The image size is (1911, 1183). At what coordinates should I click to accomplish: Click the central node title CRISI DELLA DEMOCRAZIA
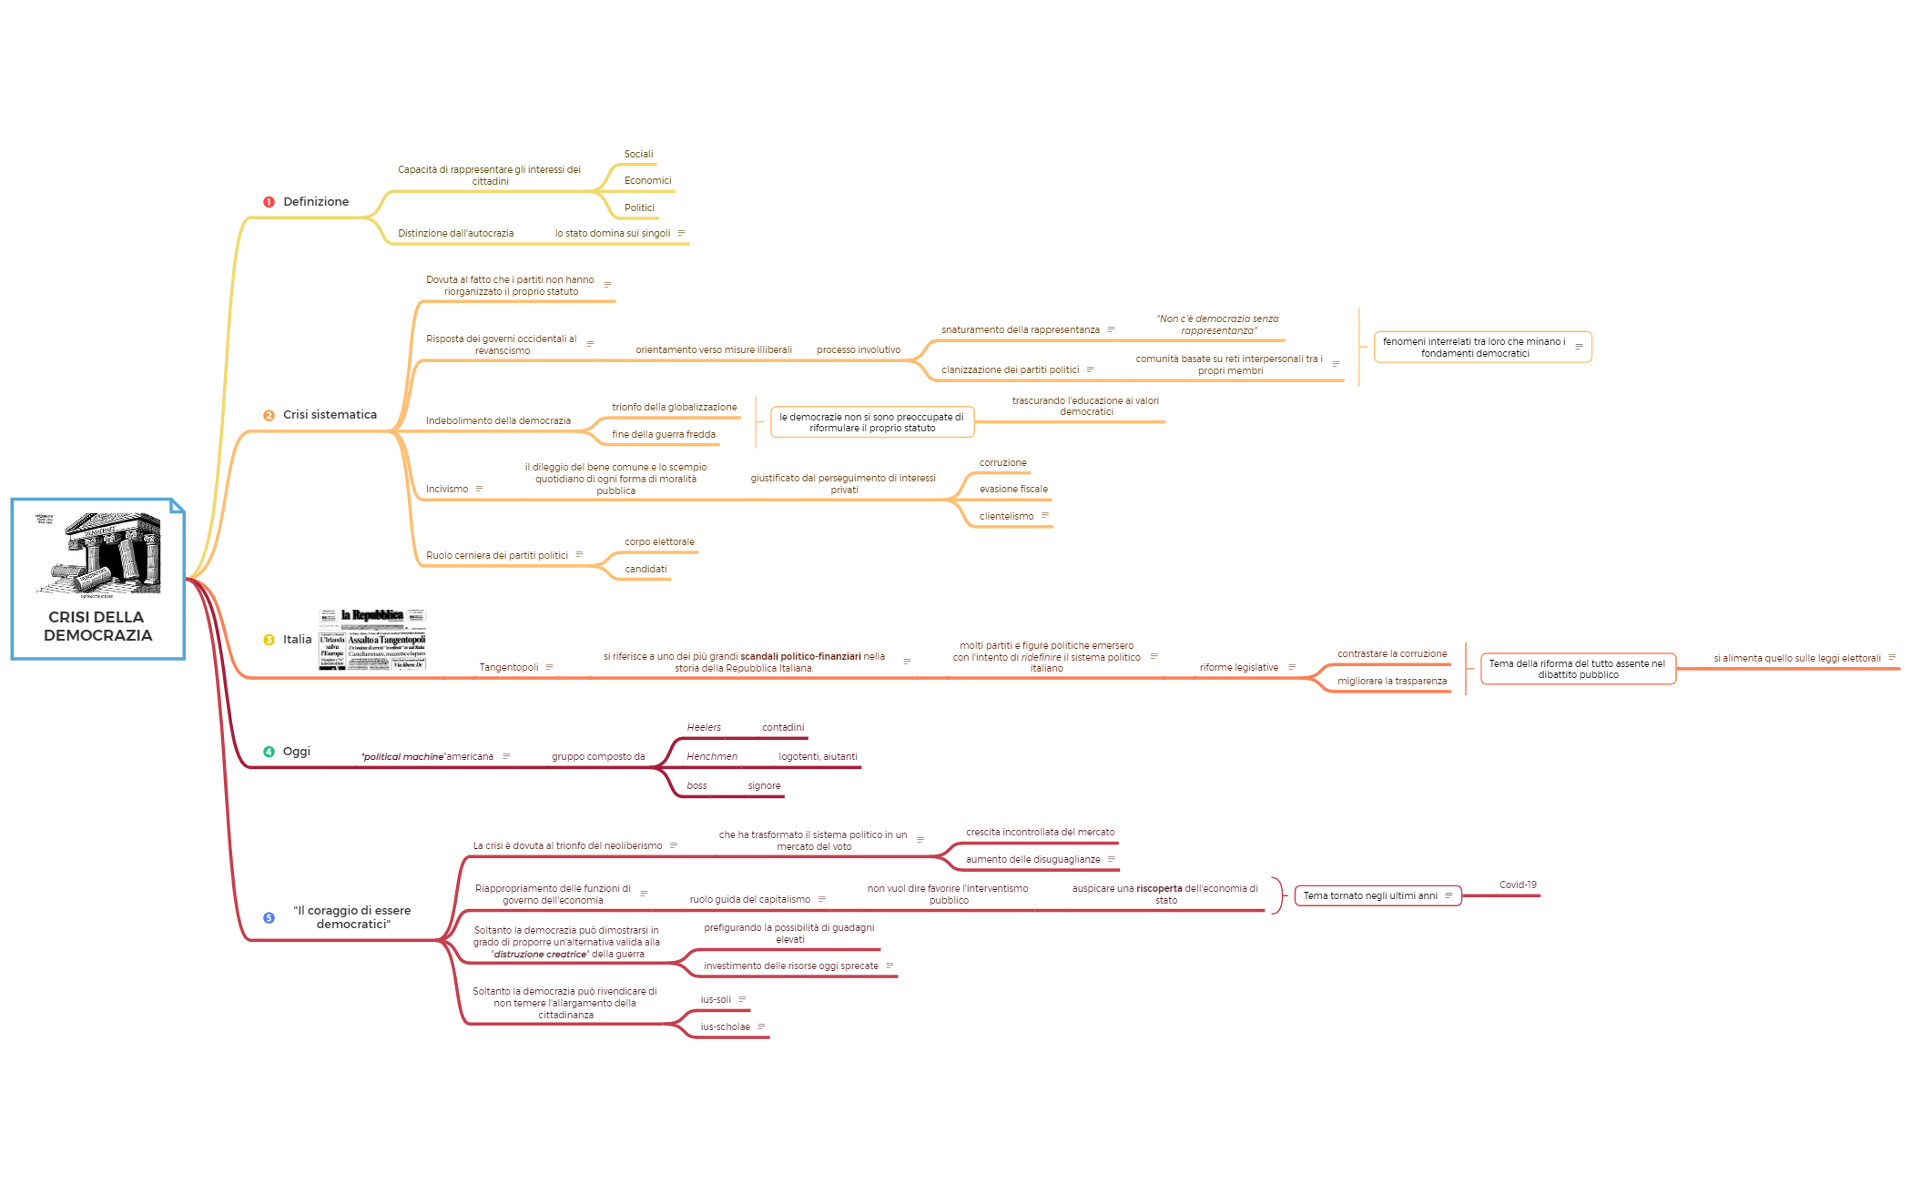click(97, 626)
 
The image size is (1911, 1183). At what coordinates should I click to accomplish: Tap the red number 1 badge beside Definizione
click(269, 202)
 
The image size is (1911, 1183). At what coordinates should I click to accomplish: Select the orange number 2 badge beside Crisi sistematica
click(269, 415)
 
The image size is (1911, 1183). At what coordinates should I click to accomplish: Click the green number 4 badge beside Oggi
click(269, 752)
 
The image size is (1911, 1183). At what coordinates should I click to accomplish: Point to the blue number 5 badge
click(269, 917)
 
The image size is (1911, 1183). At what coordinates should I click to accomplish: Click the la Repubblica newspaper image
click(372, 639)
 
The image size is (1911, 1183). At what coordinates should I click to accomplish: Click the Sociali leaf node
click(638, 155)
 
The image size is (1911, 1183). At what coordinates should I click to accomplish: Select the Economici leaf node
click(647, 181)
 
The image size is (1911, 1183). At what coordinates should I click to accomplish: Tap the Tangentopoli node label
click(508, 668)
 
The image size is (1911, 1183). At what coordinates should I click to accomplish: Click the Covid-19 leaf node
click(1518, 885)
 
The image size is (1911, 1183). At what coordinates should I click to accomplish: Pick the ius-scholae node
click(725, 1027)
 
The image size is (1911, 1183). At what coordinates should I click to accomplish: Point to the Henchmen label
click(712, 757)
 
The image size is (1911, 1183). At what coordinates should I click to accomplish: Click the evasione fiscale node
click(1013, 490)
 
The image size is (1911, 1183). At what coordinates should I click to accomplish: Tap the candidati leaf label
click(645, 570)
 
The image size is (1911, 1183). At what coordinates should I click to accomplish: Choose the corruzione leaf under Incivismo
click(1002, 463)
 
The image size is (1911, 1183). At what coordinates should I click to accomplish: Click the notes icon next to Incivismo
click(479, 490)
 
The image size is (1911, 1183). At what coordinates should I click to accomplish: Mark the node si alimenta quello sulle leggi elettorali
click(1796, 659)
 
